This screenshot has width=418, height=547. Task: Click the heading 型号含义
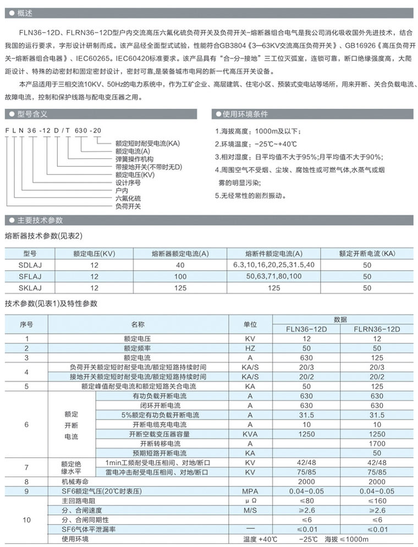(33, 114)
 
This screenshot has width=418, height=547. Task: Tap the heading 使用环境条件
(245, 114)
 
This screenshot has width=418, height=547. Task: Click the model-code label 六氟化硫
(128, 198)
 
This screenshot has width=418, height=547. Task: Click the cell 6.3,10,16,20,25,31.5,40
(273, 265)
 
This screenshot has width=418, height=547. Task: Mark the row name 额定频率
(137, 348)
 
